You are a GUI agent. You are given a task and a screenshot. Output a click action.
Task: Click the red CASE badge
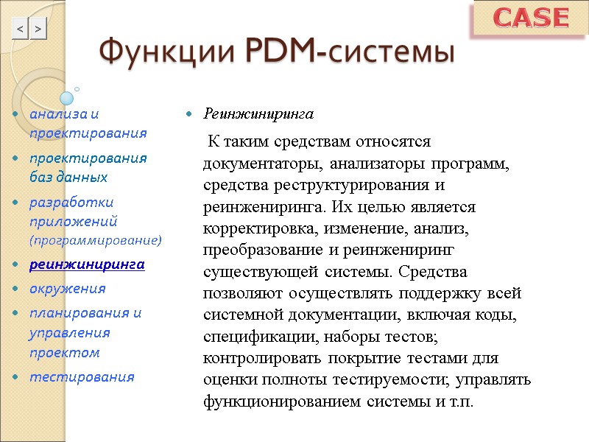point(529,19)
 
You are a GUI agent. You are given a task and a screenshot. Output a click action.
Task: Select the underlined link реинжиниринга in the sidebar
point(87,264)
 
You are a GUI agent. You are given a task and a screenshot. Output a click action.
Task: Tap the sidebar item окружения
point(67,288)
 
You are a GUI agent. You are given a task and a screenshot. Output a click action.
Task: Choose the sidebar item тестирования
point(82,377)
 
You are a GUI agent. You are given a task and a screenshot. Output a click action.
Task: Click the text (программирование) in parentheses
point(95,240)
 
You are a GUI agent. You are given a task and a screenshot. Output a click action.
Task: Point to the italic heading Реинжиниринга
point(258,114)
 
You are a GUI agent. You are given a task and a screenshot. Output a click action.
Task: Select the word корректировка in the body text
point(260,228)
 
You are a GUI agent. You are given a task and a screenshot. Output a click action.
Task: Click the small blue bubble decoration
point(67,98)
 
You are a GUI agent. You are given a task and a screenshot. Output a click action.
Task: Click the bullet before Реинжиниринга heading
point(188,115)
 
